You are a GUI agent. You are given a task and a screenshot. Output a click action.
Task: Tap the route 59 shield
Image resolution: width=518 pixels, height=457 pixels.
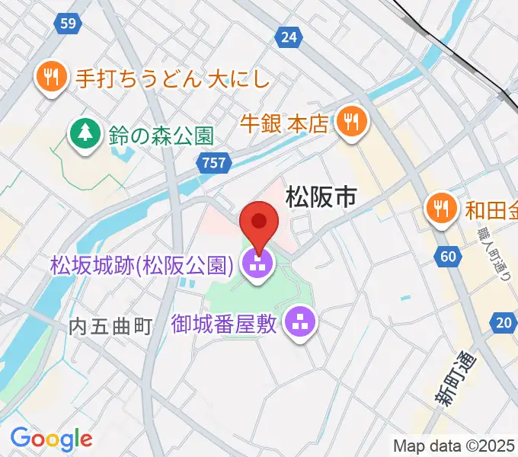click(69, 24)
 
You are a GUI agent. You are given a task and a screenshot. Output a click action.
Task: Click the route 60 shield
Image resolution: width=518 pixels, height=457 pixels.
click(449, 256)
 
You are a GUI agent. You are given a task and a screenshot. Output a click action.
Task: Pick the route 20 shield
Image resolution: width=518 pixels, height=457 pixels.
click(503, 323)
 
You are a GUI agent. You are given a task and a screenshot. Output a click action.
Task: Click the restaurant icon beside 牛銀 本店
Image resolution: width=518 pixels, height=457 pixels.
click(350, 122)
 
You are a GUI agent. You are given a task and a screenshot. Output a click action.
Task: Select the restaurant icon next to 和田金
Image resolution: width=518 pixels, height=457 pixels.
click(441, 206)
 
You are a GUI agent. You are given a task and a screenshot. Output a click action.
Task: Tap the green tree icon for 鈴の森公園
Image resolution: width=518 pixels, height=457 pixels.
click(85, 135)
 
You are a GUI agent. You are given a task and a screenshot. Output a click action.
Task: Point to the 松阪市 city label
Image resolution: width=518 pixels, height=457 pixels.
click(320, 197)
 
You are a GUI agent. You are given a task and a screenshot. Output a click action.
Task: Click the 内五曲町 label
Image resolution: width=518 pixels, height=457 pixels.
click(111, 327)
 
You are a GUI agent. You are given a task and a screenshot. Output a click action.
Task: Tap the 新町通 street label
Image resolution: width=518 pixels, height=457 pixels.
click(454, 381)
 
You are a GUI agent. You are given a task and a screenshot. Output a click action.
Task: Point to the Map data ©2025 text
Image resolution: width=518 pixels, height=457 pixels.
click(454, 446)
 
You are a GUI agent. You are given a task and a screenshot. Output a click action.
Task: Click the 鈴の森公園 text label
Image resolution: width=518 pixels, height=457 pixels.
click(160, 136)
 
